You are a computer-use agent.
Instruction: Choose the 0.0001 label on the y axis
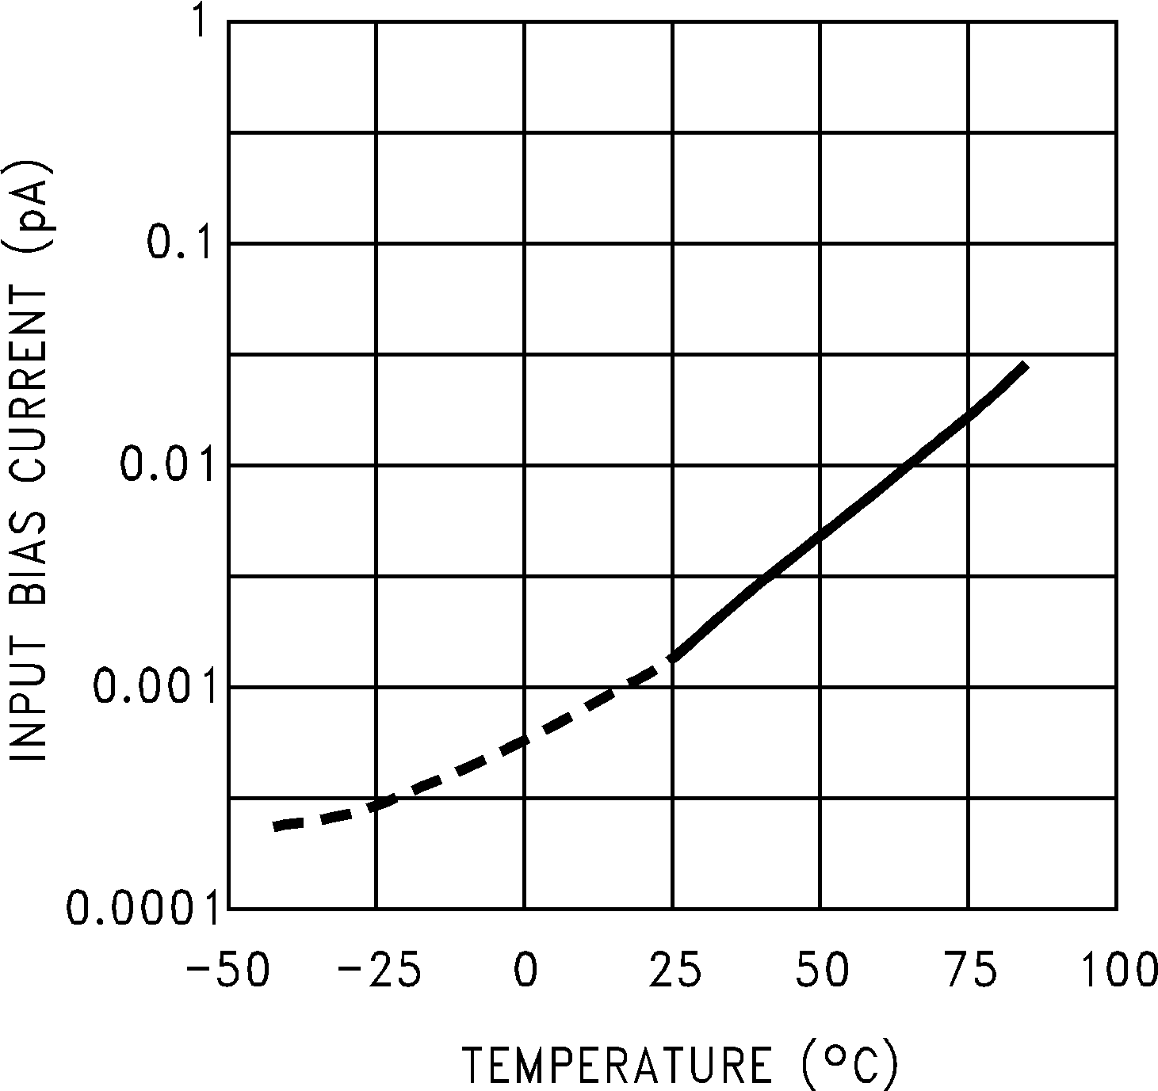click(x=141, y=908)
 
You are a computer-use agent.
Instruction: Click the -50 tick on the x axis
click(x=228, y=971)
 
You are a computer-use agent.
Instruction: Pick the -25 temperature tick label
click(x=377, y=971)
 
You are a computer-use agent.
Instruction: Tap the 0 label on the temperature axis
click(x=525, y=971)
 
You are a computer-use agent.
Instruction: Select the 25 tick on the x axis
click(x=674, y=971)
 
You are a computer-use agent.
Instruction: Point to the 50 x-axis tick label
click(x=822, y=971)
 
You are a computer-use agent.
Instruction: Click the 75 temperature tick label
click(x=970, y=971)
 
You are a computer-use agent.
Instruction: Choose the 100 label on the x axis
click(x=1118, y=971)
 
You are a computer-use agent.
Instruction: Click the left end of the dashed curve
click(x=275, y=826)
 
